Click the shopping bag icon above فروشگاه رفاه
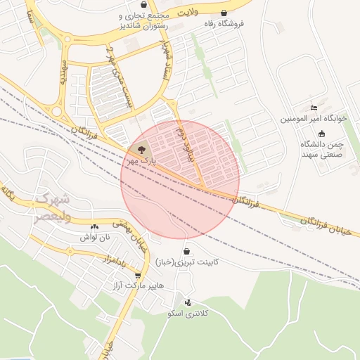click(224, 13)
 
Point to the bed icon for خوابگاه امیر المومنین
click(314, 108)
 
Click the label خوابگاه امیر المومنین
click(314, 119)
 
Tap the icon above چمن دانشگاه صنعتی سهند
click(321, 134)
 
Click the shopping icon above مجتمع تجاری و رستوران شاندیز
click(143, 4)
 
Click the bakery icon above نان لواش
click(94, 226)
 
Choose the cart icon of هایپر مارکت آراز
click(138, 276)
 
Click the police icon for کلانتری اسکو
click(186, 302)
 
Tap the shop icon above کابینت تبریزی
click(186, 251)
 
